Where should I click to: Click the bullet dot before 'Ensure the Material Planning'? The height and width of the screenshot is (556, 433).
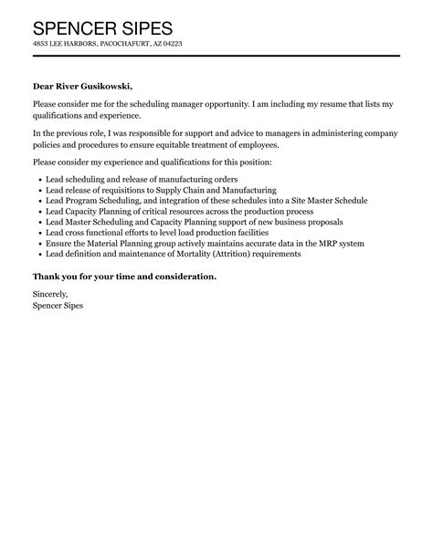pos(37,244)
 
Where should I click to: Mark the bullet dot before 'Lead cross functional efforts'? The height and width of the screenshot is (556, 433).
pos(37,233)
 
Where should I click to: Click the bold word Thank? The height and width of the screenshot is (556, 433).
pos(48,276)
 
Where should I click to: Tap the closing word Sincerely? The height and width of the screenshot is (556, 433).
pos(49,296)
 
